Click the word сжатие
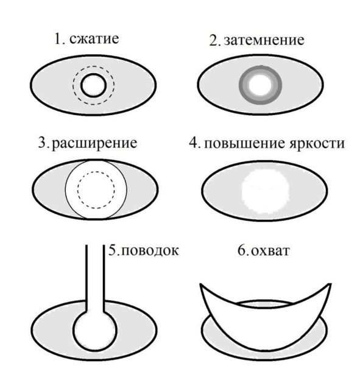coord(94,38)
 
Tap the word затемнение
coord(264,40)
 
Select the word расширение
coord(94,143)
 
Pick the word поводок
coord(150,251)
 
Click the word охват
coord(270,251)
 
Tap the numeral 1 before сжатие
coord(58,38)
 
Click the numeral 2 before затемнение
coord(214,40)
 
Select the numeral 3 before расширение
coord(43,143)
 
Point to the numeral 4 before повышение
coord(194,143)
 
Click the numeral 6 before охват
coord(242,250)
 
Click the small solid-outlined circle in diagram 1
coord(81,85)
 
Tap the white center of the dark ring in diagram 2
coord(260,85)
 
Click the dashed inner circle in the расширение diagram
coord(78,190)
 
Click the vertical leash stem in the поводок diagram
coord(95,278)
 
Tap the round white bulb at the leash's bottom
coord(95,329)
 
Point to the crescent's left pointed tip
coord(200,284)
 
